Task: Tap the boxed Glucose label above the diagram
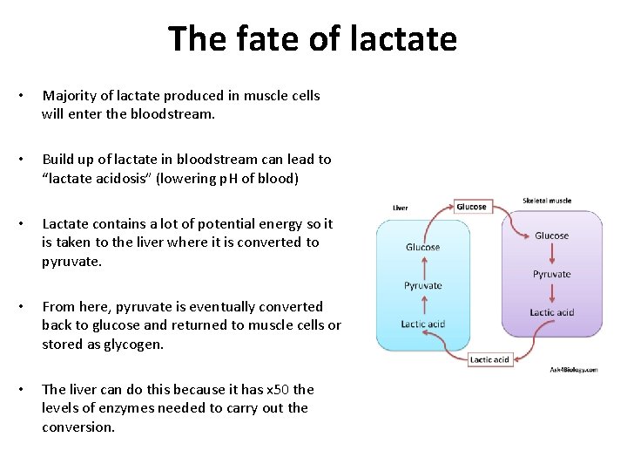(471, 207)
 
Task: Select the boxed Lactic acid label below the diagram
(489, 359)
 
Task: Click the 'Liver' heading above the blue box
(401, 208)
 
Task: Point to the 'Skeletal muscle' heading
(547, 201)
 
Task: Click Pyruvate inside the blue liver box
(422, 285)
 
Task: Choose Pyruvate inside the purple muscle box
(551, 274)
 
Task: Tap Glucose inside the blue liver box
(422, 247)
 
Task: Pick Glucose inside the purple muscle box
(551, 235)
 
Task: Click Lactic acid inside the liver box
(422, 324)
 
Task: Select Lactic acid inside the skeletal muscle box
(551, 312)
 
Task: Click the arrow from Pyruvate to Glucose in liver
(422, 266)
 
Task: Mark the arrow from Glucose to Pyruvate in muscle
(551, 255)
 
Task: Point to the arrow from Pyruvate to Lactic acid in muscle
(551, 293)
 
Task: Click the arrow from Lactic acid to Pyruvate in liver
(422, 305)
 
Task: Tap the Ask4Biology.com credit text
(573, 370)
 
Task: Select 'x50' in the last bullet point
(278, 389)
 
